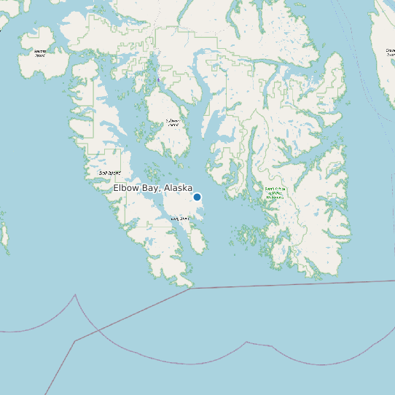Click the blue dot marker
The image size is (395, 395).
point(197,197)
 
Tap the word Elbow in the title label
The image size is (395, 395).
point(125,188)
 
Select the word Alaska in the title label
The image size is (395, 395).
point(178,188)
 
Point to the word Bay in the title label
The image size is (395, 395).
point(150,188)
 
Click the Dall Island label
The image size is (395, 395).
point(109,173)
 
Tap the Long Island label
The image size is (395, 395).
point(179,218)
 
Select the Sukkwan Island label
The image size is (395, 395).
point(173,122)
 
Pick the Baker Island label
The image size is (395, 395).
point(40,52)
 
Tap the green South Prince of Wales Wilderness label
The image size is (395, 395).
point(275,193)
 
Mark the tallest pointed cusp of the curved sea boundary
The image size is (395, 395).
point(75,295)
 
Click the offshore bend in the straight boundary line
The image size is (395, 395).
point(75,340)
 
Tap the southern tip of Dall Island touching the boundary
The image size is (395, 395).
point(190,286)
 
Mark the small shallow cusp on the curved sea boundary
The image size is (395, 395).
point(248,342)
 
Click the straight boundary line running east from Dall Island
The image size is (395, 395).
point(292,283)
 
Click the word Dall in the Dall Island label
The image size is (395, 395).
point(103,173)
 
